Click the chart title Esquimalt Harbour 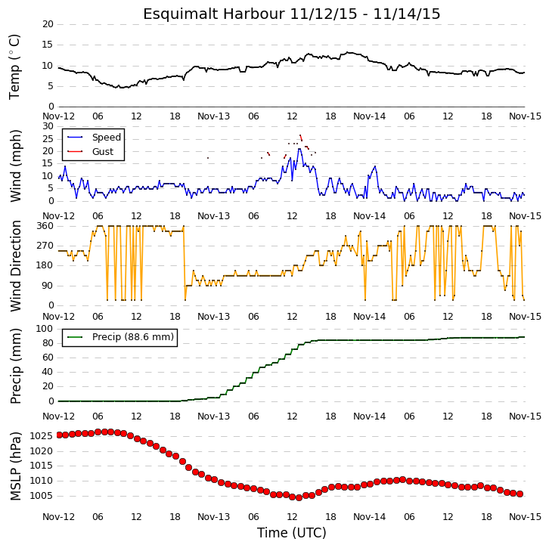tap(213, 14)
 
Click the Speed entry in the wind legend tap(107, 137)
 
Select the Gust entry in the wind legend tap(103, 151)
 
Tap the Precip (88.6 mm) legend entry tap(132, 336)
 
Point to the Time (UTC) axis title tap(292, 533)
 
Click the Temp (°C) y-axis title tap(14, 67)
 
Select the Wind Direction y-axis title tap(15, 266)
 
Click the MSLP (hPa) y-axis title tap(15, 466)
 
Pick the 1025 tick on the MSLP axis tap(41, 436)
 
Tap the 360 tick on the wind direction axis tap(45, 226)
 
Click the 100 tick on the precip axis tap(45, 329)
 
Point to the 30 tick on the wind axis tap(48, 126)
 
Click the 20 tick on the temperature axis tap(48, 24)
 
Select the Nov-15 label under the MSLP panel tap(525, 516)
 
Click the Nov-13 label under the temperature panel tap(213, 116)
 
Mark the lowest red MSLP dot tap(299, 497)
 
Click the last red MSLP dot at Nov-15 tap(520, 494)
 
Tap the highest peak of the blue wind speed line tap(299, 149)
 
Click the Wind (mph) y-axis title tap(15, 166)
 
